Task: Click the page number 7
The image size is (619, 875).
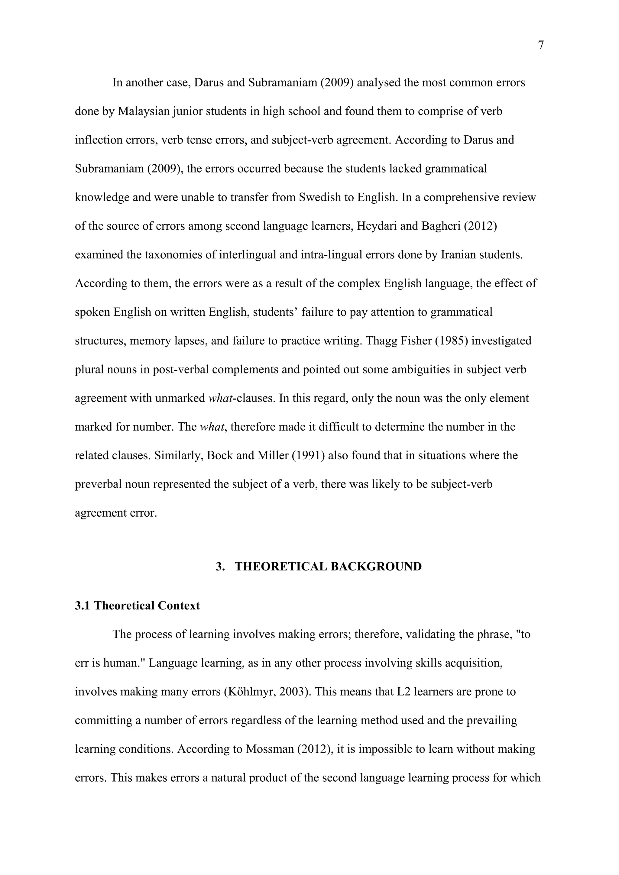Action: (540, 45)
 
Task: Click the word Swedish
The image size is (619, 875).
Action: (319, 197)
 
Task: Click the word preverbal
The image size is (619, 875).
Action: (99, 484)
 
